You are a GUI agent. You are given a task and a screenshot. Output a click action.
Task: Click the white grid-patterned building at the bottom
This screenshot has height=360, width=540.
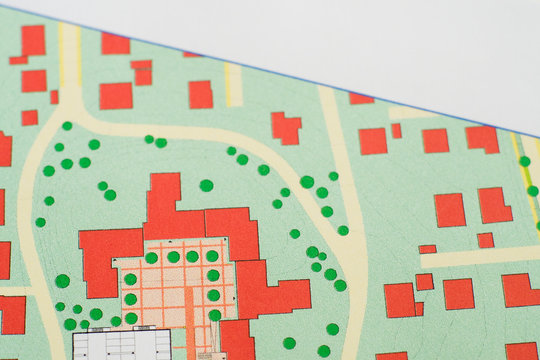120,345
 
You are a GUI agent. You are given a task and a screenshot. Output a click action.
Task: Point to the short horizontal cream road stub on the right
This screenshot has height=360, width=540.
480,257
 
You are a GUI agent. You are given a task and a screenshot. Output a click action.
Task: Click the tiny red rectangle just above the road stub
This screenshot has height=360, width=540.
485,240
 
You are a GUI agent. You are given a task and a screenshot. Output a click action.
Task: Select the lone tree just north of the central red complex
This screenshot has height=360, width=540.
206,185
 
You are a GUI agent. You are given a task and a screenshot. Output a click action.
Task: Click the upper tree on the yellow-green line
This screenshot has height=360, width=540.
525,161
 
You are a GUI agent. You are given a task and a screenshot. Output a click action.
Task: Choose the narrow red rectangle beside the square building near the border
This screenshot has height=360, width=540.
396,130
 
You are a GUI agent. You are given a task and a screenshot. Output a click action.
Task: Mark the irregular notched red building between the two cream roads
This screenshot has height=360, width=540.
286,127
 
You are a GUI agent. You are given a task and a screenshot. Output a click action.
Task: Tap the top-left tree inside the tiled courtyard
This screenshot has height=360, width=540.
151,258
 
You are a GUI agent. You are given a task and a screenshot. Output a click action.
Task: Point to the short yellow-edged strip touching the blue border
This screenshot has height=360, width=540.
232,86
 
